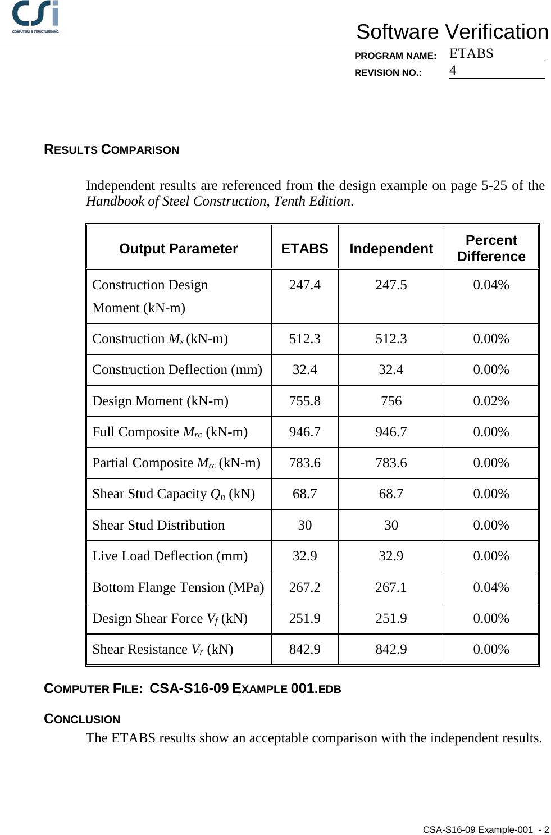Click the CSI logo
[x=36, y=17]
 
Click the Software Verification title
[x=452, y=32]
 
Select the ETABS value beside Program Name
[x=471, y=54]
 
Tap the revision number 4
[x=453, y=71]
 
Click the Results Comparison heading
[x=111, y=150]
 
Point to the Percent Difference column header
[x=491, y=248]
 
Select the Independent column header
[x=391, y=249]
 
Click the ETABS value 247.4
[x=304, y=285]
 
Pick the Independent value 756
[x=391, y=401]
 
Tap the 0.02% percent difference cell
[x=491, y=401]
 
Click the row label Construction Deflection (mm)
[x=177, y=370]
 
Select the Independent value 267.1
[x=391, y=587]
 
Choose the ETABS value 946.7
[x=304, y=432]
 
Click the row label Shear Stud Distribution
[x=158, y=525]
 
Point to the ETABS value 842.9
[x=304, y=649]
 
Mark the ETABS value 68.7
[x=304, y=494]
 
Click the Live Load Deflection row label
[x=170, y=556]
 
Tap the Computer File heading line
[x=192, y=688]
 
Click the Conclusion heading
[x=82, y=719]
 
